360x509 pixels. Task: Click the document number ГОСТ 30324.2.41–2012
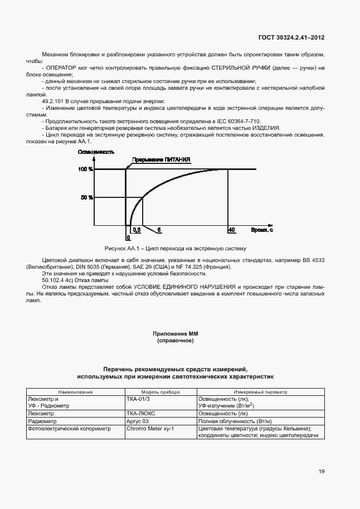291,37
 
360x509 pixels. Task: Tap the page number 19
322,472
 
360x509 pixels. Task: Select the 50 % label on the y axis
86,197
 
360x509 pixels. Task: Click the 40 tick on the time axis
231,230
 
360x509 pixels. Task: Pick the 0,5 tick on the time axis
134,230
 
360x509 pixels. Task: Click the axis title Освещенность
96,152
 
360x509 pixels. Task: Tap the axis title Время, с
261,230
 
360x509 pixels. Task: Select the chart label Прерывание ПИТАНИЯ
161,159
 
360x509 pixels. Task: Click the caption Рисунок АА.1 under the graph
175,248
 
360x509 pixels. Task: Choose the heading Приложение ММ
176,333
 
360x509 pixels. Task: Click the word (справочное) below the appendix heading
176,340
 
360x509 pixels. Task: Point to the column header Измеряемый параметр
260,392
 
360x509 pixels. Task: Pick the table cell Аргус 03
138,421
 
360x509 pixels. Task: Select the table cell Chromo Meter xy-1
150,429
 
